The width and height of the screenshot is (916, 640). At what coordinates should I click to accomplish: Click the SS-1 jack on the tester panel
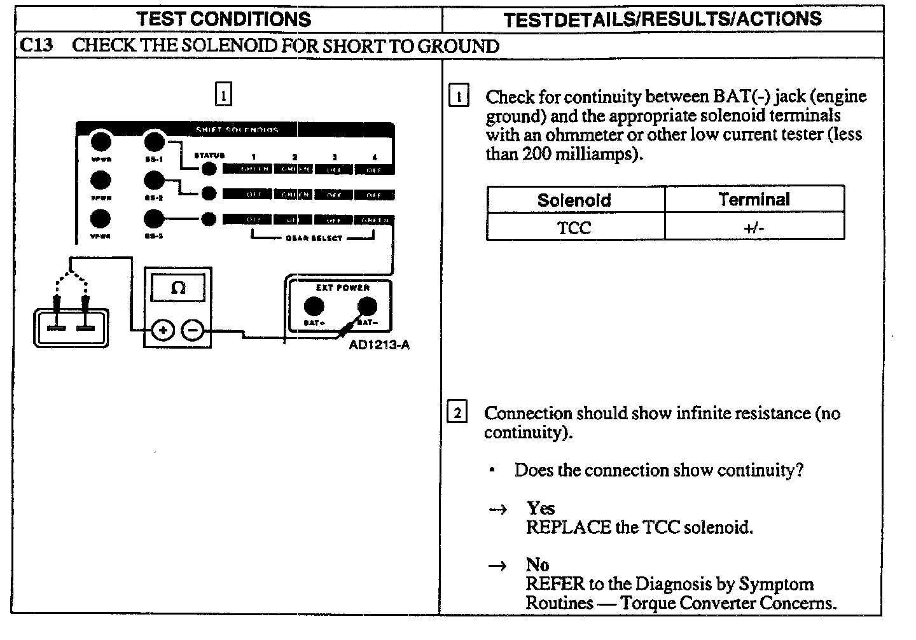tap(154, 141)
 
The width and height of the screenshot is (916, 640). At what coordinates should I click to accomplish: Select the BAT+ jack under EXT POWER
tap(312, 306)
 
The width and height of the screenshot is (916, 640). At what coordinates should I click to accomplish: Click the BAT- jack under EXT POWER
tap(366, 306)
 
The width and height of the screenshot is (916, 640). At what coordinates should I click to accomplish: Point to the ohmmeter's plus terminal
tap(163, 330)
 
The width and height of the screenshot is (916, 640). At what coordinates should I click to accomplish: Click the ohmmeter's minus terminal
tap(193, 330)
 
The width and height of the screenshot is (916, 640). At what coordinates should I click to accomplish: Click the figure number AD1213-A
tap(379, 345)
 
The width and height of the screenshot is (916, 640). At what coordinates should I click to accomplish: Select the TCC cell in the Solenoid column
tap(574, 228)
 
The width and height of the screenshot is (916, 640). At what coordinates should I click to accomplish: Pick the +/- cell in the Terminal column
tap(754, 228)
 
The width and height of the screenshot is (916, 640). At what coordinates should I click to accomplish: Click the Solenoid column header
tap(574, 200)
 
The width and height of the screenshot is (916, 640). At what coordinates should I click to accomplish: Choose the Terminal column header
tap(754, 200)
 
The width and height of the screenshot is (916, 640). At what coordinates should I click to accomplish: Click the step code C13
tap(36, 46)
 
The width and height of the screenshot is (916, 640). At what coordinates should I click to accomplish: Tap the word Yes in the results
tap(541, 508)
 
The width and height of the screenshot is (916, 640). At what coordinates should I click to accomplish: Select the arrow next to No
tap(498, 566)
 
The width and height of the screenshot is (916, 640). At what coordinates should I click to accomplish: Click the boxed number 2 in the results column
tap(457, 413)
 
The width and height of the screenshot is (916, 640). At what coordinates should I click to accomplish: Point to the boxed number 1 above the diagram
tap(223, 94)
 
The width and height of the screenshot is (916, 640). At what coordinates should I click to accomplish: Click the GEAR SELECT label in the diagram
tap(314, 238)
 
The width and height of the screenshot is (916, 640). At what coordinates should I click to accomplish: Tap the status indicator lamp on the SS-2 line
tap(208, 193)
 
